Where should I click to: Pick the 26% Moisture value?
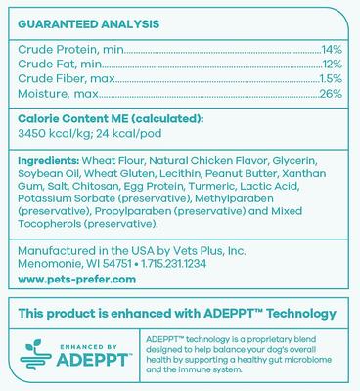331,94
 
